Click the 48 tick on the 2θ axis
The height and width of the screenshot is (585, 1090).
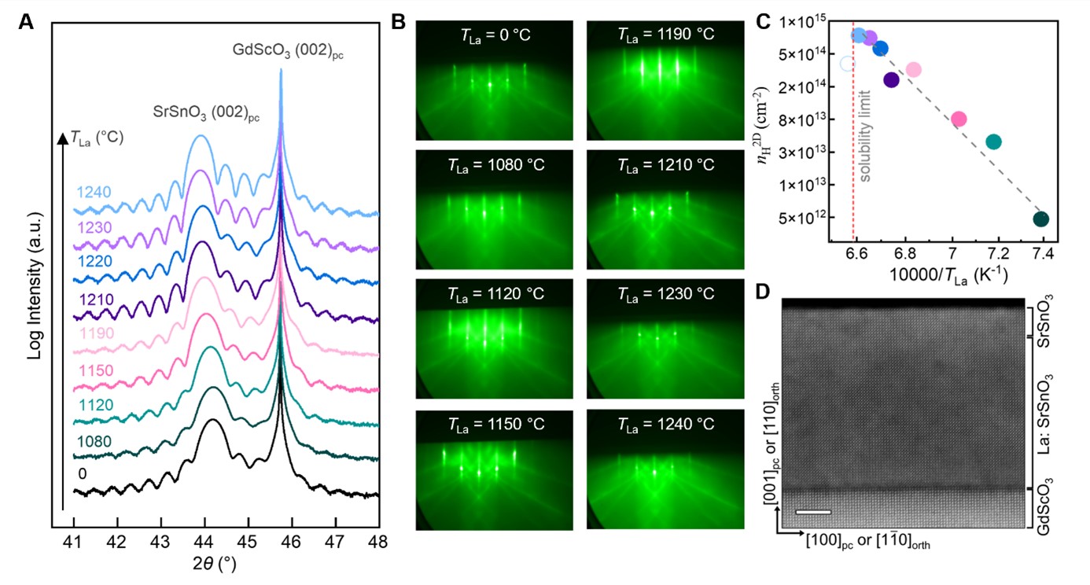(378, 542)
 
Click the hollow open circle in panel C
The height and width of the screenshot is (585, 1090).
(847, 64)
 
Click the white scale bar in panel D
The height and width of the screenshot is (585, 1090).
(812, 512)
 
